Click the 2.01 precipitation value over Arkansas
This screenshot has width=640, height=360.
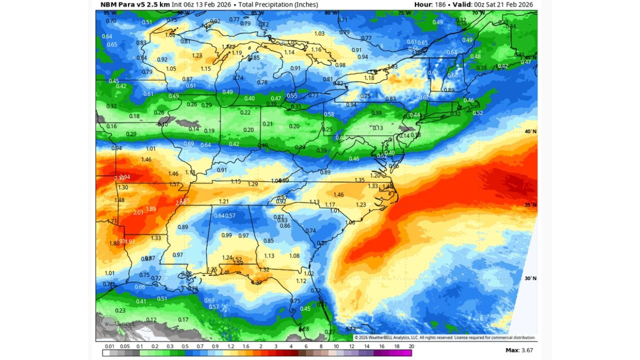click(138, 212)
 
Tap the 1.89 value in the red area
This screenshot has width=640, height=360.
click(150, 208)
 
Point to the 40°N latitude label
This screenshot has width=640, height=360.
click(530, 131)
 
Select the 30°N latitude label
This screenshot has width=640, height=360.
click(530, 278)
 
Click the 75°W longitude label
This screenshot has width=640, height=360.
click(404, 13)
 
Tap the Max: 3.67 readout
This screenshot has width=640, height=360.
click(519, 350)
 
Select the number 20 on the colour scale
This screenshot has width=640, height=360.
click(411, 346)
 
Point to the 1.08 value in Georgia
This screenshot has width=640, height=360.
click(294, 255)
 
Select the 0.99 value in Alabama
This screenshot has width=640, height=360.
click(226, 235)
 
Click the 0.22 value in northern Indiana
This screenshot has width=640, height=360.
click(245, 112)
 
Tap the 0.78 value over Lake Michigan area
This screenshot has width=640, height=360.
click(262, 82)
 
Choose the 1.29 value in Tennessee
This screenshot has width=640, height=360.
click(253, 184)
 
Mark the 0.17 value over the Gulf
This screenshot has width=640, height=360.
click(183, 319)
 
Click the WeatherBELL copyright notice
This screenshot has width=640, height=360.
click(444, 337)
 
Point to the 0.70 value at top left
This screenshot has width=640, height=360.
click(111, 20)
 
